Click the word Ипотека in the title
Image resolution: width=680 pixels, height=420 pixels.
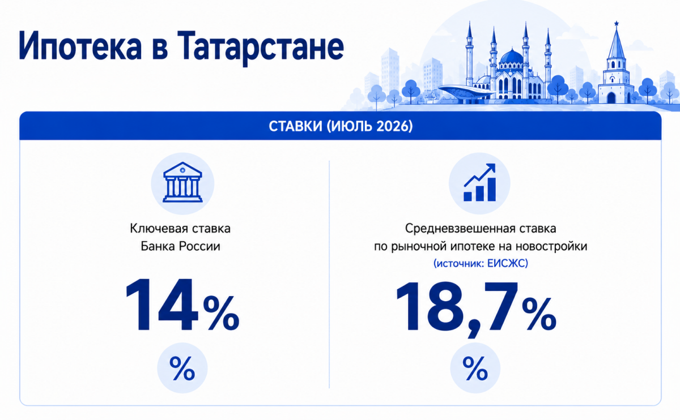(x=80, y=46)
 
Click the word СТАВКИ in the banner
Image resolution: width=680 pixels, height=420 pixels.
(x=295, y=126)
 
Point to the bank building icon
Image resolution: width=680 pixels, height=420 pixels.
(x=182, y=182)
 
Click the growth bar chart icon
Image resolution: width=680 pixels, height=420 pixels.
(x=479, y=183)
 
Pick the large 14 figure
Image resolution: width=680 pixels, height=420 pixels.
(x=162, y=305)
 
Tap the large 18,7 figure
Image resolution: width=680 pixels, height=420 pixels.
(x=457, y=307)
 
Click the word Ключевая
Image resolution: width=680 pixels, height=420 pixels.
(x=155, y=228)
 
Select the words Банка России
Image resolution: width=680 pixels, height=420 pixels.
(x=180, y=246)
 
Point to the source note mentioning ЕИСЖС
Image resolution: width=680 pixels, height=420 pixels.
(x=481, y=263)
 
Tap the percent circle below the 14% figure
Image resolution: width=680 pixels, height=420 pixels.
(x=182, y=368)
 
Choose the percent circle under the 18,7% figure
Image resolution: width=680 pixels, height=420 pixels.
(x=475, y=368)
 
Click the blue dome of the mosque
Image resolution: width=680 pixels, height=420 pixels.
(x=512, y=57)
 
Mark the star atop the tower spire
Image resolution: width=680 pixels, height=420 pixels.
(x=617, y=23)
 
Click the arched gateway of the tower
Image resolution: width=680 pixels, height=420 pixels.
(x=611, y=98)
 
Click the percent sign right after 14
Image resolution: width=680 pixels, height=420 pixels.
(x=222, y=314)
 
